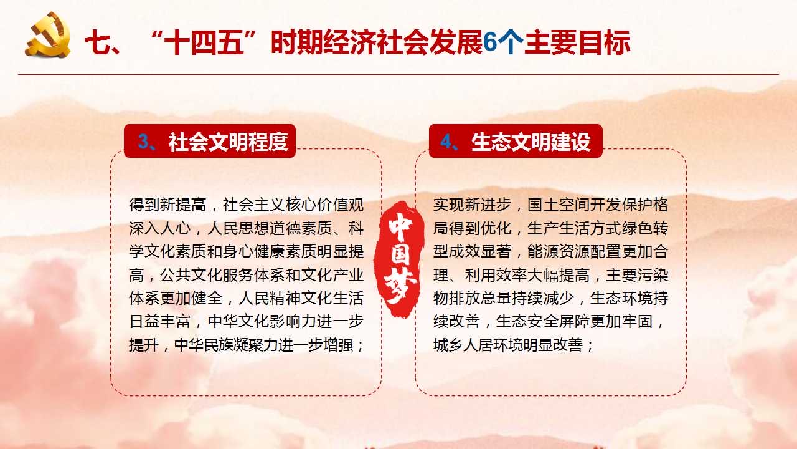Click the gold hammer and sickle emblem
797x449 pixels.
pos(48,35)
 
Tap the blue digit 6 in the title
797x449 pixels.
pos(490,43)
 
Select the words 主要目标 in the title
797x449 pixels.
pos(577,43)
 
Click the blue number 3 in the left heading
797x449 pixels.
pos(143,142)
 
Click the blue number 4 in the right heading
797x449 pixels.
pos(446,142)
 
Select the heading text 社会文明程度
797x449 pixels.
pos(229,142)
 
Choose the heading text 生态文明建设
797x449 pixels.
pos(531,142)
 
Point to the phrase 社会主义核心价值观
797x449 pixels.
pos(293,205)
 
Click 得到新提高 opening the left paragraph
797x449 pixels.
pos(167,205)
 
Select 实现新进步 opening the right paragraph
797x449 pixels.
pos(472,205)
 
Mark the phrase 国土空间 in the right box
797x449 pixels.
pos(559,205)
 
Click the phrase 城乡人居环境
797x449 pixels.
pos(480,345)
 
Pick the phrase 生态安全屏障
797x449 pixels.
pos(543,322)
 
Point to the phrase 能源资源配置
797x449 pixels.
pos(574,251)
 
